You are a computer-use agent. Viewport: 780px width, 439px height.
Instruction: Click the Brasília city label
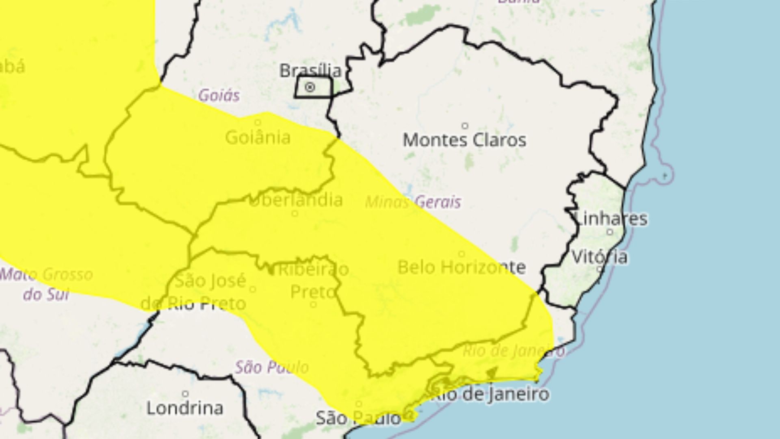pyautogui.click(x=310, y=71)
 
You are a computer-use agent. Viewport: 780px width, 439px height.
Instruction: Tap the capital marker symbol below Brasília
pyautogui.click(x=310, y=87)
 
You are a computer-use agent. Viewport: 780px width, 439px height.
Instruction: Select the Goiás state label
pyautogui.click(x=219, y=96)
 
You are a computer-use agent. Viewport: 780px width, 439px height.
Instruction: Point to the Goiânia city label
pyautogui.click(x=258, y=138)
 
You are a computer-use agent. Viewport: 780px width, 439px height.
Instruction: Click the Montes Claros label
pyautogui.click(x=465, y=140)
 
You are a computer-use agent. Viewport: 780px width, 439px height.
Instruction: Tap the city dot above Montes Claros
pyautogui.click(x=465, y=126)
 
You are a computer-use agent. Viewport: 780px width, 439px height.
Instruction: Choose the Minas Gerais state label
pyautogui.click(x=413, y=202)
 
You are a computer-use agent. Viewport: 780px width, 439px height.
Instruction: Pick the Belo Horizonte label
pyautogui.click(x=461, y=267)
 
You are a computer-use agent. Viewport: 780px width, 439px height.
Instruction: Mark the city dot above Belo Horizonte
pyautogui.click(x=461, y=254)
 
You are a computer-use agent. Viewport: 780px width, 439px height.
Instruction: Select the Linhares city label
pyautogui.click(x=612, y=219)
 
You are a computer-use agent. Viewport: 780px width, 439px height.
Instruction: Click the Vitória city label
pyautogui.click(x=600, y=257)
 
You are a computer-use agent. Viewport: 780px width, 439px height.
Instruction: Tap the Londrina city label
pyautogui.click(x=185, y=408)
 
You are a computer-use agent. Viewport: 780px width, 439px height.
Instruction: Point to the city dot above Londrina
pyautogui.click(x=185, y=394)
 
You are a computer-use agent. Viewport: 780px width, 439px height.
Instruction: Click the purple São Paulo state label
pyautogui.click(x=272, y=367)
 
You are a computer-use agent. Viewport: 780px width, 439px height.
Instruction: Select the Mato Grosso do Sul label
pyautogui.click(x=46, y=284)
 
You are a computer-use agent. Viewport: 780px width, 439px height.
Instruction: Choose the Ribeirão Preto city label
pyautogui.click(x=314, y=280)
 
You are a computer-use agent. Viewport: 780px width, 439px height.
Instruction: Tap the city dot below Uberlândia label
pyautogui.click(x=295, y=213)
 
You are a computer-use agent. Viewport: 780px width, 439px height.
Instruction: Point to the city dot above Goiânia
pyautogui.click(x=258, y=122)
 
